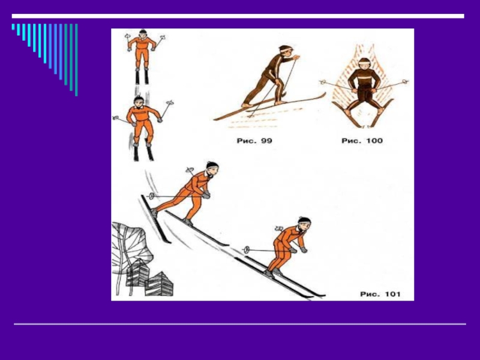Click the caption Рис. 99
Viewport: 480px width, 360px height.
point(254,141)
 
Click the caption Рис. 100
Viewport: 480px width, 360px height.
point(362,141)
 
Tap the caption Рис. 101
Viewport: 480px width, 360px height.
point(380,294)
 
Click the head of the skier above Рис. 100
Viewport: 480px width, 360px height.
point(364,63)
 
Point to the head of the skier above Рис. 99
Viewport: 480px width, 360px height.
point(286,51)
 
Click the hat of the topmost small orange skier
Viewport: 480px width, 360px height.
point(143,32)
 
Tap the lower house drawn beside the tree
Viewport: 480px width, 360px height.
point(159,284)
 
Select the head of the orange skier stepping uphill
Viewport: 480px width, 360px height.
point(212,168)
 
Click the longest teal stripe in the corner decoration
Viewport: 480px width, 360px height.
point(76,60)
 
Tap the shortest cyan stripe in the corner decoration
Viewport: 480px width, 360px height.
point(13,27)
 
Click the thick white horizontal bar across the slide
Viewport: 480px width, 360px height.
point(238,16)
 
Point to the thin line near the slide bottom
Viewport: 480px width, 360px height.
point(240,324)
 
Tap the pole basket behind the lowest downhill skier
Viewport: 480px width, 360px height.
point(247,250)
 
